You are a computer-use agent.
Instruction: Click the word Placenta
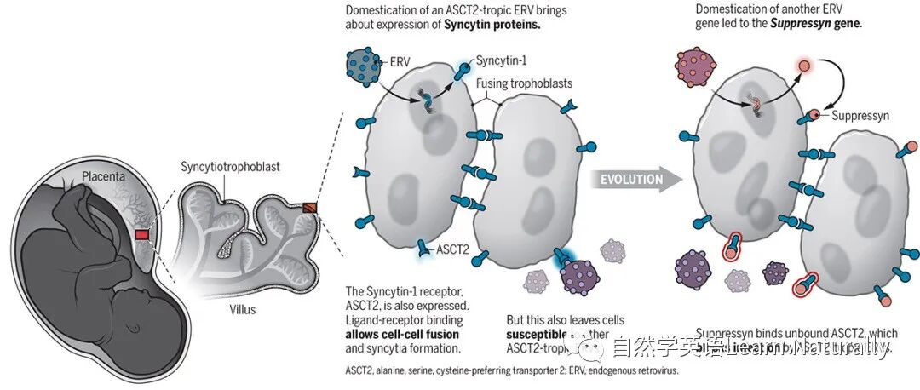coord(103,179)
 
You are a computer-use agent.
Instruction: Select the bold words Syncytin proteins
coord(493,25)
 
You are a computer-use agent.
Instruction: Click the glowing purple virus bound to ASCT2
coord(582,276)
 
